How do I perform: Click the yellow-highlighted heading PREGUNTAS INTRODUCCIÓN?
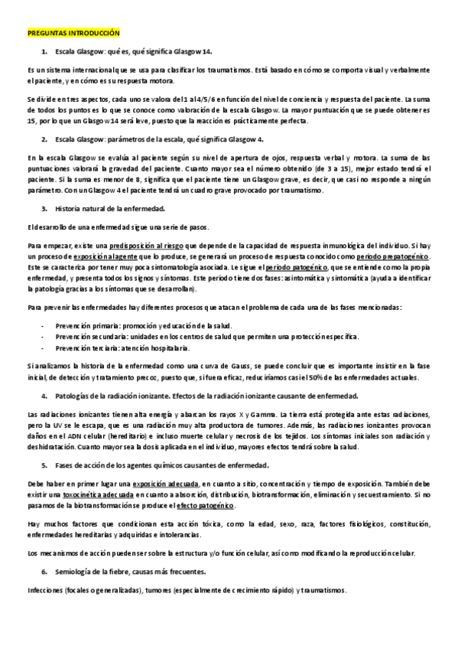point(73,34)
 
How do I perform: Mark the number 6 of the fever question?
point(44,572)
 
